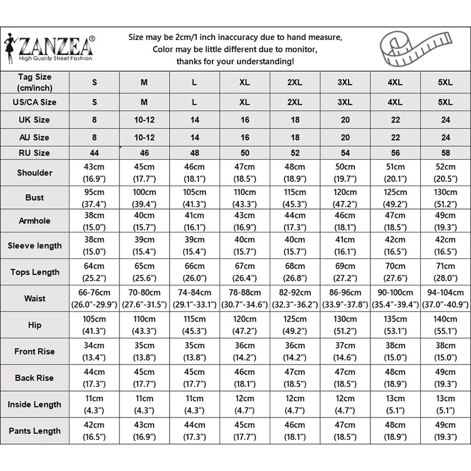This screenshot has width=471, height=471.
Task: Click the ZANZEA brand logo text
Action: (x=57, y=45)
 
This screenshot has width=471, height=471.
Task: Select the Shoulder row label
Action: (x=35, y=173)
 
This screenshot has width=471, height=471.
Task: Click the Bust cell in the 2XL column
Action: (x=295, y=198)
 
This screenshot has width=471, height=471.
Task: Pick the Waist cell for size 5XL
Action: (x=446, y=298)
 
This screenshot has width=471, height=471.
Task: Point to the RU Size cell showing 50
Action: (x=244, y=153)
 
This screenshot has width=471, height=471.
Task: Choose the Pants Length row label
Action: (x=35, y=431)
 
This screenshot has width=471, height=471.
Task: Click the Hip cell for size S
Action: (x=94, y=325)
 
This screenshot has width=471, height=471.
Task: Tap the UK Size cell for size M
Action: (x=144, y=120)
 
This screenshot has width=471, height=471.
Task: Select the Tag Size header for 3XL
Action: (x=345, y=82)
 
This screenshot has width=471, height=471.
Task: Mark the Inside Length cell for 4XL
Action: (x=396, y=404)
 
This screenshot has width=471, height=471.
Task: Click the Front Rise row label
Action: (x=35, y=351)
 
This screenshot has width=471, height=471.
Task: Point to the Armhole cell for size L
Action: (x=194, y=221)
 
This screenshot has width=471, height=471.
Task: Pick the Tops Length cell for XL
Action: (x=244, y=272)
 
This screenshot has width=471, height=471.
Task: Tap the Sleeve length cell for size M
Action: (x=144, y=246)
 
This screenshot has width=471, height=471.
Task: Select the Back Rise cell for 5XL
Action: (x=446, y=378)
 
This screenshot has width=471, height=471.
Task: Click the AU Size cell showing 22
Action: (x=396, y=137)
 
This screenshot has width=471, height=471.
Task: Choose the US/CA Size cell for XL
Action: (x=244, y=102)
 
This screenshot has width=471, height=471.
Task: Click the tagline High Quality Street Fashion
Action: (x=57, y=59)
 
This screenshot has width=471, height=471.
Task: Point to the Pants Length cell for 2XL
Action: (x=295, y=431)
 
